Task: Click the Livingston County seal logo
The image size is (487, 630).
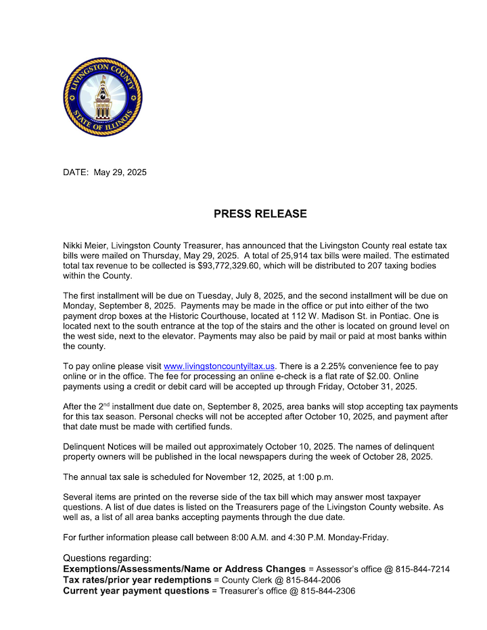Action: click(102, 97)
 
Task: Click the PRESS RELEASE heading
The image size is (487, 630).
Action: click(260, 214)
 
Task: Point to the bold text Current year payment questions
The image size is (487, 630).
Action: click(135, 591)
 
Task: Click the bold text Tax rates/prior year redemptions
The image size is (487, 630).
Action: click(137, 580)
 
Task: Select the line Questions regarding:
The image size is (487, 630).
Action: click(107, 558)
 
